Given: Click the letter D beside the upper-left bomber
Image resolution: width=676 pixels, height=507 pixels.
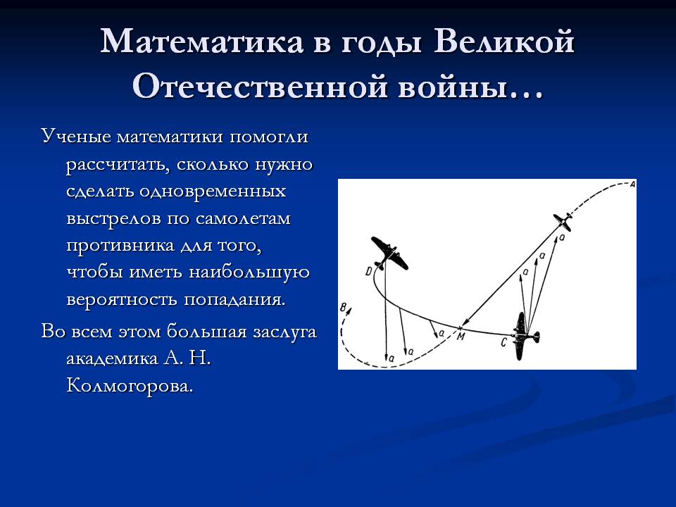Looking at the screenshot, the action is pyautogui.click(x=368, y=271).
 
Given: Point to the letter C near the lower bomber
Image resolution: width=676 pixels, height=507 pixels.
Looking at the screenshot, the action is pyautogui.click(x=503, y=343).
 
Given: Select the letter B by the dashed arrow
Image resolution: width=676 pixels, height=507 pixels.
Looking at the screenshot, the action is pyautogui.click(x=343, y=308).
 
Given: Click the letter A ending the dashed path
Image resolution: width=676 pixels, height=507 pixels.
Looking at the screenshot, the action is pyautogui.click(x=632, y=184).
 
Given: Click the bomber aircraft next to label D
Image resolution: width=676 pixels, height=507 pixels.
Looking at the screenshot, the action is pyautogui.click(x=389, y=254).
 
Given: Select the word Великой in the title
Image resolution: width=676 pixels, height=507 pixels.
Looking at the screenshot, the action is pyautogui.click(x=504, y=42).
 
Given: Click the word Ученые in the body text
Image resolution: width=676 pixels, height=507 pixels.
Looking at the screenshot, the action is pyautogui.click(x=76, y=136).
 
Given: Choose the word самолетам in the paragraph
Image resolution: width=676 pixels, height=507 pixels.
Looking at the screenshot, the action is pyautogui.click(x=243, y=218).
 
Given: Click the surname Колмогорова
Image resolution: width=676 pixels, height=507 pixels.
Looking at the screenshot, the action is pyautogui.click(x=130, y=385).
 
